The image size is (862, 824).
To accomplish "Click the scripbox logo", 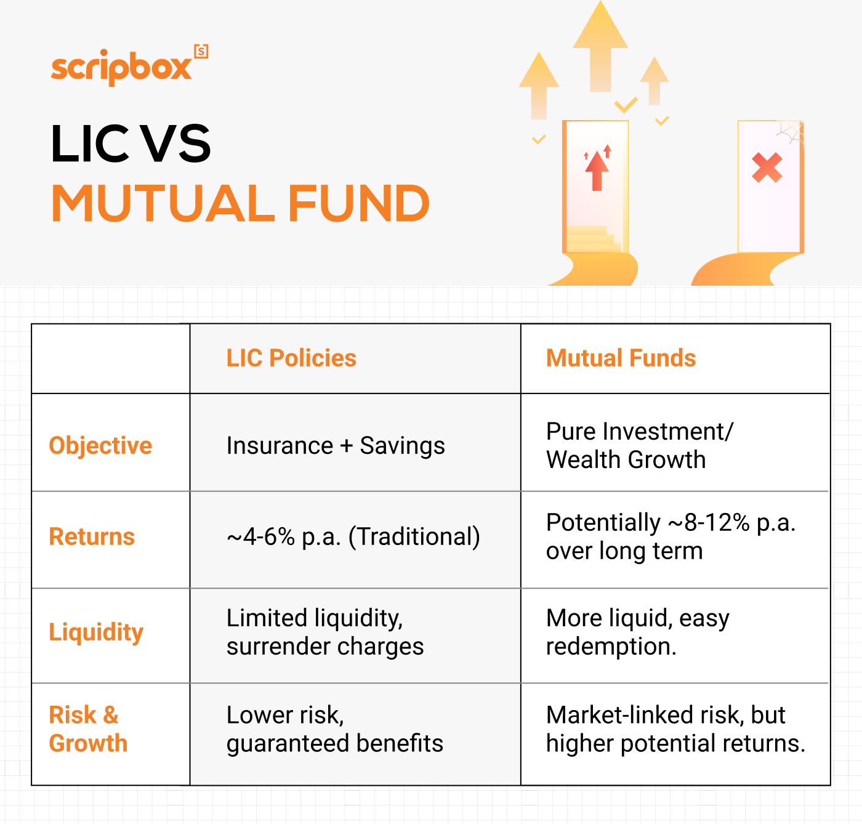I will point(129,66).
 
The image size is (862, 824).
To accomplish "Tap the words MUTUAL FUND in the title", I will point(240,204).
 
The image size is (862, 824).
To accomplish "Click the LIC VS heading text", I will point(131,144).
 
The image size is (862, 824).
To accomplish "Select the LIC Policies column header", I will point(291,358).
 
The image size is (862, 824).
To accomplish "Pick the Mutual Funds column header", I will point(621,358).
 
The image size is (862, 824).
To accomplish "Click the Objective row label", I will point(100,445).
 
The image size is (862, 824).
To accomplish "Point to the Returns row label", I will point(92,536).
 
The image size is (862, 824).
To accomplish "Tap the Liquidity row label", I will point(96,632).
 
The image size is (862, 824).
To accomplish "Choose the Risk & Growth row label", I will point(88,729).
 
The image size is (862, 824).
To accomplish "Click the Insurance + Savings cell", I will point(336,445).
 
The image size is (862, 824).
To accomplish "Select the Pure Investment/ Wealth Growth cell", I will point(639,445).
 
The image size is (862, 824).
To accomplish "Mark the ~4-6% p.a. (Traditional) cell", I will point(353,536).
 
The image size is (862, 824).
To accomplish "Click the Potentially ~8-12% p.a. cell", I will point(671,536).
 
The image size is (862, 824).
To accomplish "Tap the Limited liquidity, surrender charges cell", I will point(325,632).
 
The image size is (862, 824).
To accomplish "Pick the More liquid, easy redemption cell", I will point(637,632).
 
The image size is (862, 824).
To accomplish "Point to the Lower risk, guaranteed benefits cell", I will point(334,729).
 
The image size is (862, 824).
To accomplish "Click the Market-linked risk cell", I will point(675,729).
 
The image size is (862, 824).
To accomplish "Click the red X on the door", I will point(767,168).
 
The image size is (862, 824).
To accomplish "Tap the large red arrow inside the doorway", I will point(597,171).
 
